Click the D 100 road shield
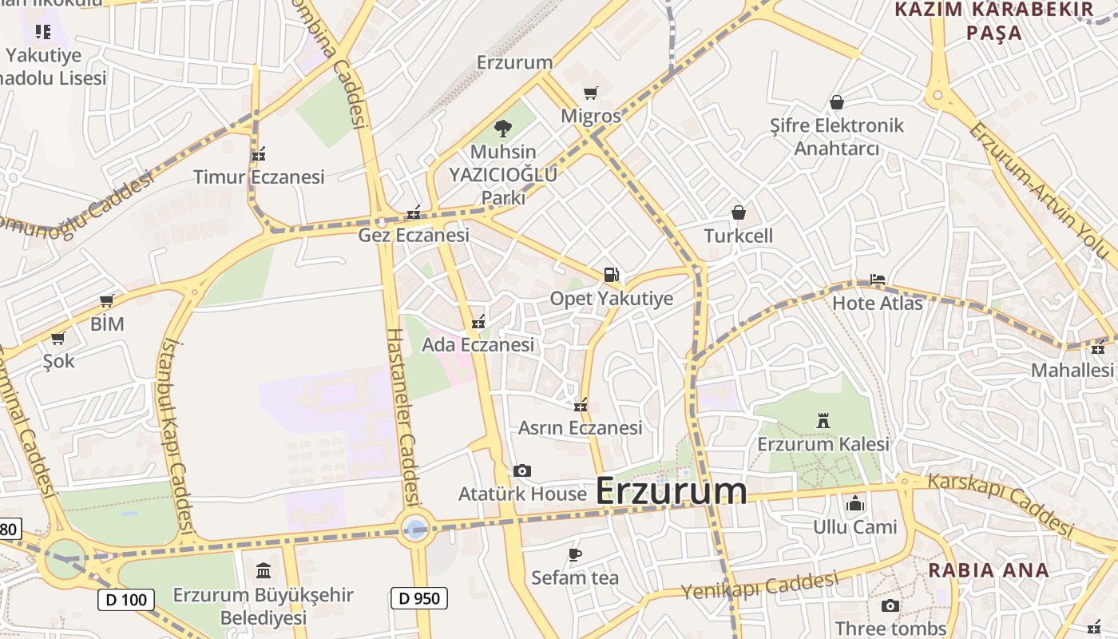coord(126,599)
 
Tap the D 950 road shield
coord(419,597)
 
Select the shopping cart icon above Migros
coord(590,93)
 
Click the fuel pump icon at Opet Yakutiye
coord(611,275)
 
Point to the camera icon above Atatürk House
coord(522,471)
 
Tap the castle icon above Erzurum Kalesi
coord(823,420)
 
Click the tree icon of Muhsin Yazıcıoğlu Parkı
coord(503,128)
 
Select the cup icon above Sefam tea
coord(574,554)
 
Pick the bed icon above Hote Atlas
coord(877,280)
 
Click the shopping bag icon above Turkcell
coord(739,213)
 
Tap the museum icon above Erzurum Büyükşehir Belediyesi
coord(264,570)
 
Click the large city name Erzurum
coord(671,490)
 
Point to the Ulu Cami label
coord(854,527)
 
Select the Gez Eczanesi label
coord(414,236)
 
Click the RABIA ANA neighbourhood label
coord(988,570)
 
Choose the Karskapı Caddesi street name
coord(1001,503)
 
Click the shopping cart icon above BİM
coord(106,301)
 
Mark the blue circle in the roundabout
coord(415,528)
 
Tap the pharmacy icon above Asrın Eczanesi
coord(581,405)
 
